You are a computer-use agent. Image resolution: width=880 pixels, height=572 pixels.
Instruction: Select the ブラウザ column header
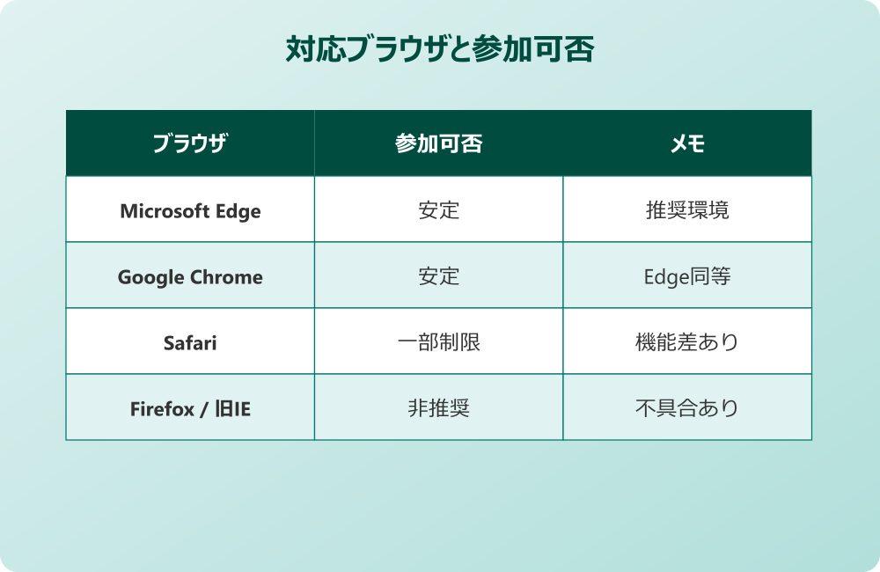190,143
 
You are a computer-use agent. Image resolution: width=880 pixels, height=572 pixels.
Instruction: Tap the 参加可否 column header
438,143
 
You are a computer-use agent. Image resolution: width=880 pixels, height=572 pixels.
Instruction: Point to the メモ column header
687,143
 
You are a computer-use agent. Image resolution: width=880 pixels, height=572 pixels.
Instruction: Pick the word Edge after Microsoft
239,211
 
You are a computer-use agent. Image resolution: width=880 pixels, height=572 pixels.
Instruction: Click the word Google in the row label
149,277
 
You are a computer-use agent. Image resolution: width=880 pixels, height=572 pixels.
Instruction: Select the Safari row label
190,343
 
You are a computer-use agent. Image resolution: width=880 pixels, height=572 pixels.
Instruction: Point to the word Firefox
162,409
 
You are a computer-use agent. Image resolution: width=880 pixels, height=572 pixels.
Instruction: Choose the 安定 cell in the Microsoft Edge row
438,211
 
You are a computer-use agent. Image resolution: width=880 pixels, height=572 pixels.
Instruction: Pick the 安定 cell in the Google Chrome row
438,277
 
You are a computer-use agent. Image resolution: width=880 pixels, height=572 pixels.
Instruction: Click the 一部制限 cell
438,343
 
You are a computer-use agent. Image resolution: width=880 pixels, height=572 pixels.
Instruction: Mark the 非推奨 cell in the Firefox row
438,409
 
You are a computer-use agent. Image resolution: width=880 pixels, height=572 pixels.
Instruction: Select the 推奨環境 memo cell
687,211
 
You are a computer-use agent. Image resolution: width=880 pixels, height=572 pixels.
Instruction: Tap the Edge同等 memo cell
687,277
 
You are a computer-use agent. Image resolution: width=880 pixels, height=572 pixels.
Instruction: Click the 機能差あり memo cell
687,343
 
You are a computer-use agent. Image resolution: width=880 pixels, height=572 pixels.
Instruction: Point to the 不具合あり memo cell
687,409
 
